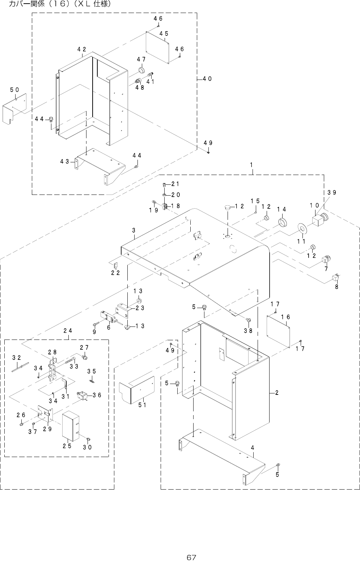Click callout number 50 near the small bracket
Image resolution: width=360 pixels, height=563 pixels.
14,89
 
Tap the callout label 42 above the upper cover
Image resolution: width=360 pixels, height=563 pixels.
81,49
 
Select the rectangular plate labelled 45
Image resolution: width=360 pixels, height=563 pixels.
158,47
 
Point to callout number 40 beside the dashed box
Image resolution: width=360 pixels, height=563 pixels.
207,79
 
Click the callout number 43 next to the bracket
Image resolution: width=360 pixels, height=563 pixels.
65,162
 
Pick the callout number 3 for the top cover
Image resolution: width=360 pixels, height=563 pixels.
134,230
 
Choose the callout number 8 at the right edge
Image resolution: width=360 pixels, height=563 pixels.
336,287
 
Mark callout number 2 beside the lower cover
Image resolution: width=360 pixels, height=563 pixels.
276,393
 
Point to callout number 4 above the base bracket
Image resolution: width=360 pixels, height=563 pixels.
253,448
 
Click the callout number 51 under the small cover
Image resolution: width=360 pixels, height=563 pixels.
142,405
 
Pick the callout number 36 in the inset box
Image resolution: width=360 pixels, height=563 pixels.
97,395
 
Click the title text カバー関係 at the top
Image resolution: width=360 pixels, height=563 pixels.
28,5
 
